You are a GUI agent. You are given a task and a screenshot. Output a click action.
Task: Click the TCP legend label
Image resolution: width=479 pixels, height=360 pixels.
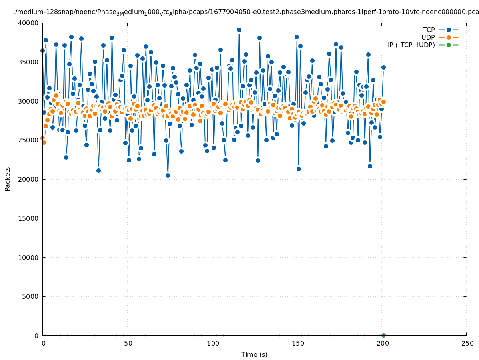(x=429, y=30)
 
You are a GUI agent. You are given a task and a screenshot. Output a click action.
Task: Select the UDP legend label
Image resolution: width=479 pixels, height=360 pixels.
(x=428, y=37)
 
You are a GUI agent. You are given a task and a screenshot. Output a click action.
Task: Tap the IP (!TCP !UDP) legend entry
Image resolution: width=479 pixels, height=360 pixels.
(x=411, y=45)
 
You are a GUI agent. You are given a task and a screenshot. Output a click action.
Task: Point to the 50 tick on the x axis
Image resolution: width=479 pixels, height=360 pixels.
(x=128, y=343)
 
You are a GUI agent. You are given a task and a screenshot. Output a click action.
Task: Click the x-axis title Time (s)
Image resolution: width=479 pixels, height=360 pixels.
(x=254, y=354)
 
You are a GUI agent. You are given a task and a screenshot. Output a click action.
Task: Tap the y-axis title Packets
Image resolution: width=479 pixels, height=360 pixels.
(x=8, y=179)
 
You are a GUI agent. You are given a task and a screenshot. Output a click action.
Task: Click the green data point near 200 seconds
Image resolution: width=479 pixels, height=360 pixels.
(x=383, y=335)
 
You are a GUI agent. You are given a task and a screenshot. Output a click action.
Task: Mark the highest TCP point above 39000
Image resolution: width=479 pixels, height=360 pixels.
(x=239, y=30)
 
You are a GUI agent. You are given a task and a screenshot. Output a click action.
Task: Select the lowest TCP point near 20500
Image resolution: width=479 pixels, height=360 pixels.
(x=168, y=175)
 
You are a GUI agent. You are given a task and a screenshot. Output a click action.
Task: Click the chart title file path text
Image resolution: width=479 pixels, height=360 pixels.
(x=246, y=12)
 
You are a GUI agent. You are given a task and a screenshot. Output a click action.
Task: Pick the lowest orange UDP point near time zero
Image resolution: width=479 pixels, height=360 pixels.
(x=44, y=142)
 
